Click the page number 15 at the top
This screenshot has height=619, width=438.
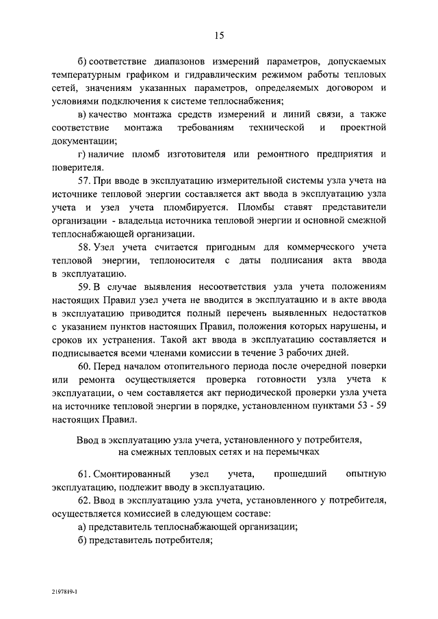click(219, 36)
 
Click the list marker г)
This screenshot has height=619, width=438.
click(83, 154)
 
